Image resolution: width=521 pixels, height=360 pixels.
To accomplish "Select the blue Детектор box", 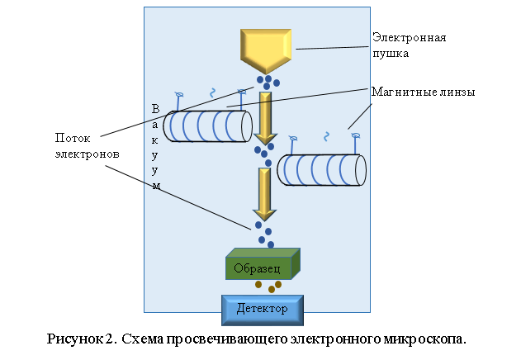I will [x=263, y=309].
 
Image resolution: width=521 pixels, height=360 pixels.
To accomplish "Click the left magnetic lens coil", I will [x=207, y=126].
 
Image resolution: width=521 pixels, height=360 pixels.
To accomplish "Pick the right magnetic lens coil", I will [x=321, y=169].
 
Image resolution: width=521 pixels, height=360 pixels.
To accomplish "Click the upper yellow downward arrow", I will [x=265, y=116].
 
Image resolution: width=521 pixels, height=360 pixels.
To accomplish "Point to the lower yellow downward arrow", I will [x=265, y=192].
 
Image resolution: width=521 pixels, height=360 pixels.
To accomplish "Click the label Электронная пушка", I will [x=409, y=45].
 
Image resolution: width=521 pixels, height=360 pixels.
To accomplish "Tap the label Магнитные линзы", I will [x=423, y=92].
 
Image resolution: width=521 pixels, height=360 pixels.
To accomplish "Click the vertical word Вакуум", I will [x=154, y=147].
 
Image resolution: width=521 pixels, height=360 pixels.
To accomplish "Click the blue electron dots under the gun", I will [x=267, y=82].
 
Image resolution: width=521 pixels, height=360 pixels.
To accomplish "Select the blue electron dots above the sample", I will [x=264, y=231].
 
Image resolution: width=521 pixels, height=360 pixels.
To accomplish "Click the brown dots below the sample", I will [x=268, y=286].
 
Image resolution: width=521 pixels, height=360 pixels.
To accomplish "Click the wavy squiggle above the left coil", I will [x=211, y=92].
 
